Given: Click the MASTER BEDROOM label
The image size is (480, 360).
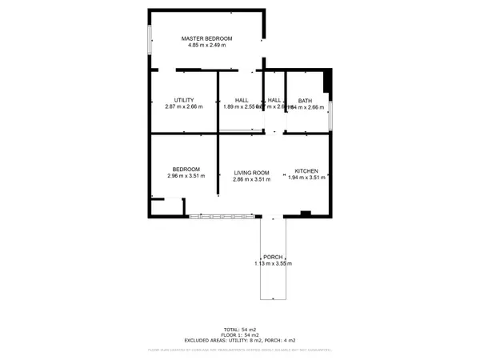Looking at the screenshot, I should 206,38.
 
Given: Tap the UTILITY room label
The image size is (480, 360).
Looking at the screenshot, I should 184,100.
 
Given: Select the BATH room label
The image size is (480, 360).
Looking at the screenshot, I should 305,100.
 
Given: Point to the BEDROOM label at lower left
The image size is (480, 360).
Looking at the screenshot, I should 186,169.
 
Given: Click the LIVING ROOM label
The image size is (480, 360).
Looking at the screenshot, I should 251,173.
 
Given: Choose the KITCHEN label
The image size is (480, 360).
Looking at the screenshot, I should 306,172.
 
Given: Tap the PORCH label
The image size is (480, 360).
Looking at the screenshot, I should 273,257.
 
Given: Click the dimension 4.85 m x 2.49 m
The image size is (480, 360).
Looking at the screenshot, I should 206,46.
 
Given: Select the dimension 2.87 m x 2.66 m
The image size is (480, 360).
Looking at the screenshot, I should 184,106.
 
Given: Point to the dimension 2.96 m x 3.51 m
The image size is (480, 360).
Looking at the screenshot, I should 186,176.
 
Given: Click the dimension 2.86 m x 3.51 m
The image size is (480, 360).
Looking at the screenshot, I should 251,179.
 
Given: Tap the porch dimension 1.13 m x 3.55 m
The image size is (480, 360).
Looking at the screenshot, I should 273,263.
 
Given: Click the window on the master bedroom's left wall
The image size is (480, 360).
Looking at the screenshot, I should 150,40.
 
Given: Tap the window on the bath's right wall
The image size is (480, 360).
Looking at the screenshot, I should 330,115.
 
